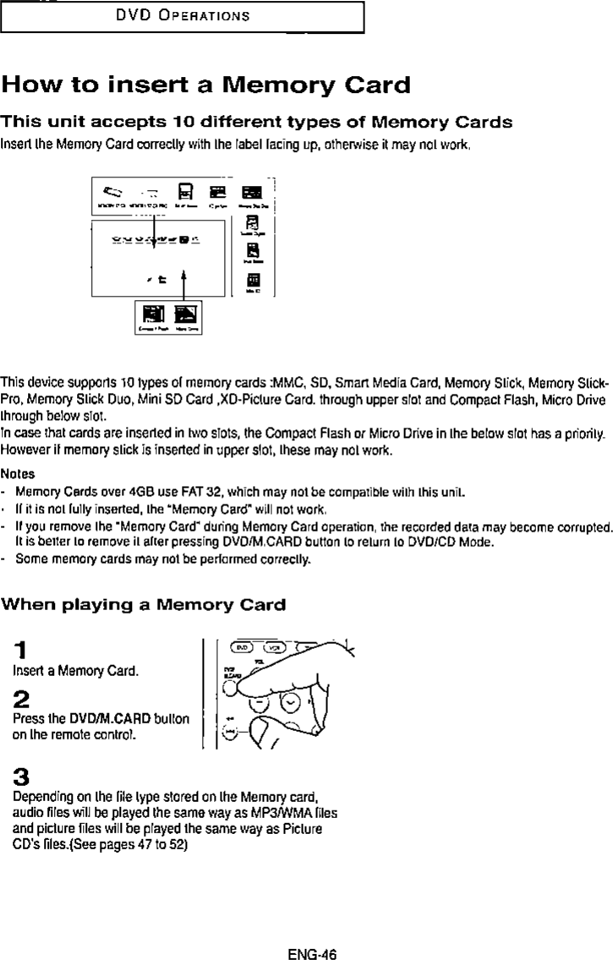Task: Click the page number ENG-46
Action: (x=312, y=931)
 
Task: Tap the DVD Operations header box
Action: (x=183, y=16)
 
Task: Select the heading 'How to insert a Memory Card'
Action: (x=206, y=86)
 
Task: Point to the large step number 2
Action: (x=23, y=701)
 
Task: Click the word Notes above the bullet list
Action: (x=18, y=474)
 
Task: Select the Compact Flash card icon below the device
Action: (x=154, y=315)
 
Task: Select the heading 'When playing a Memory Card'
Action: (x=143, y=605)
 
